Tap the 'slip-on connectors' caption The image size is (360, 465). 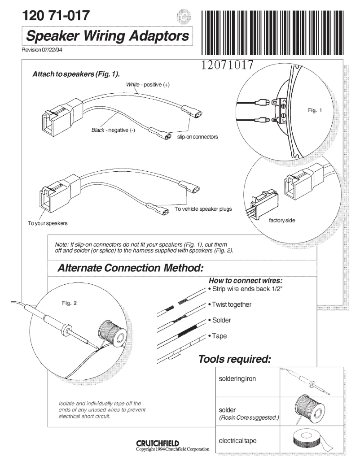coord(198,137)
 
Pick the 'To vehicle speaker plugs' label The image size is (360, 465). coord(203,209)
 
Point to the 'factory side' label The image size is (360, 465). coord(281,220)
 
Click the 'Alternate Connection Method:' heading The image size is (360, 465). coord(131,268)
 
